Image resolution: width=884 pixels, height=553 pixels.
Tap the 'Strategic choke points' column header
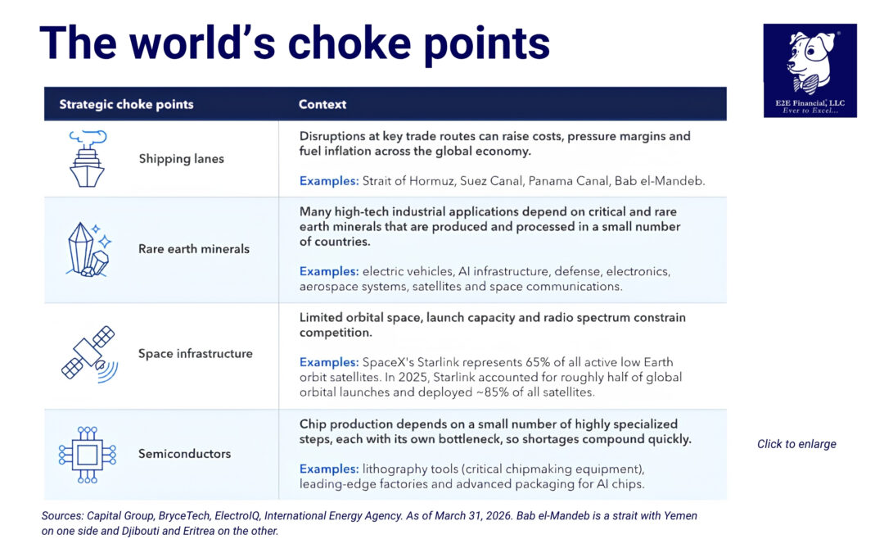[x=126, y=104]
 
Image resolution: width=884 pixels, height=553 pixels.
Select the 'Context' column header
[x=322, y=104]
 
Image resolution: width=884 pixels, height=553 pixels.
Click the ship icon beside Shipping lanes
[x=88, y=159]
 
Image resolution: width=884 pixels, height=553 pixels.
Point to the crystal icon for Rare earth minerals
[x=88, y=249]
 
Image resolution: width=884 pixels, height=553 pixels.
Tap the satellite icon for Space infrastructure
[x=90, y=355]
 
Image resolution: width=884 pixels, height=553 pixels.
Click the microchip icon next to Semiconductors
[x=88, y=455]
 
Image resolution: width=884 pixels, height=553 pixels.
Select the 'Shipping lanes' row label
[x=182, y=159]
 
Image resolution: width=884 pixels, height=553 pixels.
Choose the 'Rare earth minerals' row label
[x=194, y=249]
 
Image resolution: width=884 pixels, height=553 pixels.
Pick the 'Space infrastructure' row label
[x=196, y=354]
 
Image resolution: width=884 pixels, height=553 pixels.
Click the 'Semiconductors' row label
[x=184, y=454]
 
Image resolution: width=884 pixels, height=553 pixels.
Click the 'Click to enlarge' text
[x=796, y=444]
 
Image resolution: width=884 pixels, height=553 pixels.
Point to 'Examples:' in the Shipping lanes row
[x=329, y=181]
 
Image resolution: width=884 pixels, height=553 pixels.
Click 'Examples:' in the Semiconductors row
[x=329, y=469]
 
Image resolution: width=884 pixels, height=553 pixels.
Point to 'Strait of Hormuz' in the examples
[x=408, y=181]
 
